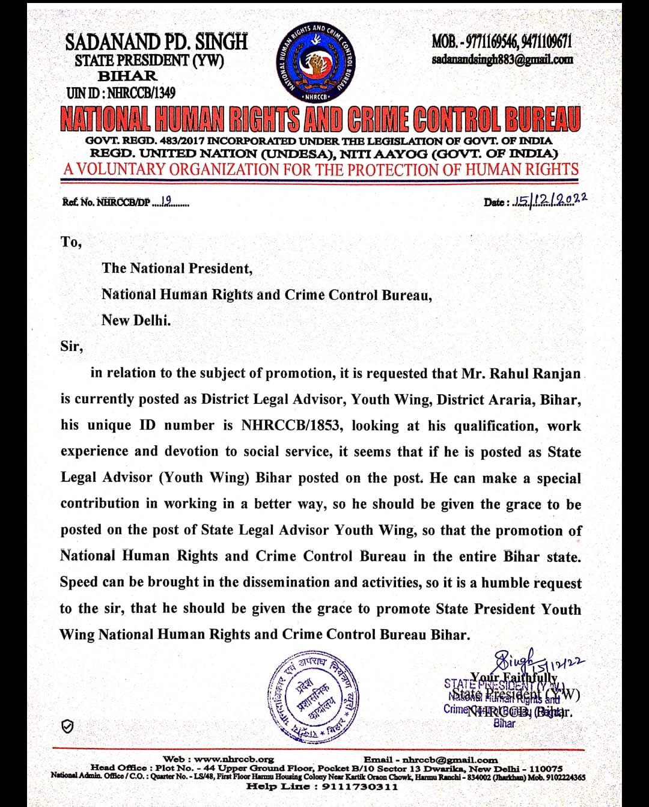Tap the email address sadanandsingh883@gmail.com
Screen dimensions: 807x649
click(502, 59)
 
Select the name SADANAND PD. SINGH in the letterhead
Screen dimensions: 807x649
click(156, 42)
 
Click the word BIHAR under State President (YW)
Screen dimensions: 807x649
click(127, 76)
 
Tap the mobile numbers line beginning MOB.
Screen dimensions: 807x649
click(502, 41)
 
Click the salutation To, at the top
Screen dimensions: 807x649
click(71, 242)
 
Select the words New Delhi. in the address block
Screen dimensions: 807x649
click(136, 320)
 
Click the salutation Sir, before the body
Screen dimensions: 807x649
click(72, 347)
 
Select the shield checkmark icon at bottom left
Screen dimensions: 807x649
click(69, 726)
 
